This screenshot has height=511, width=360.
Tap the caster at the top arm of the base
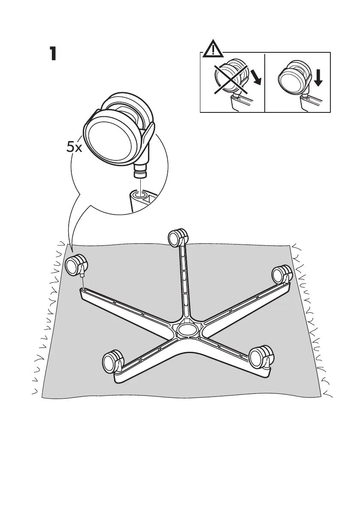[178, 237]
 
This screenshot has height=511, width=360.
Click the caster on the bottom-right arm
[261, 356]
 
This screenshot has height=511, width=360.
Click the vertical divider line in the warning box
[265, 82]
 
